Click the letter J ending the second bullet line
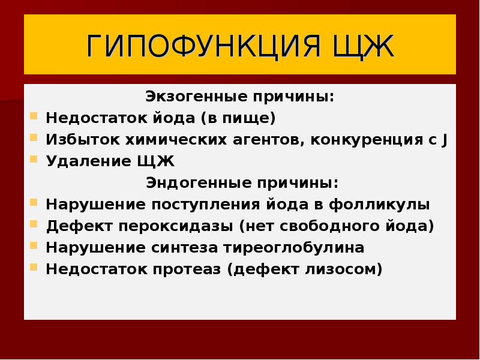[444, 140]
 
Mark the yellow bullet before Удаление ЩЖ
[34, 160]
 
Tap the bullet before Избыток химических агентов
[34, 139]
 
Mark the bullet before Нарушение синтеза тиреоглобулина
[34, 246]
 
